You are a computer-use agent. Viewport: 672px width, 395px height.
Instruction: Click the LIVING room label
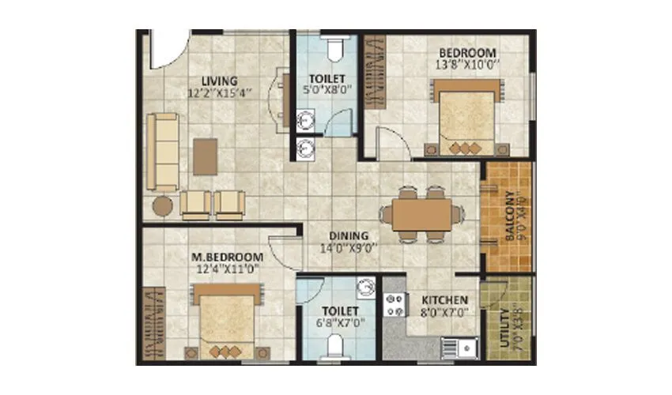point(219,81)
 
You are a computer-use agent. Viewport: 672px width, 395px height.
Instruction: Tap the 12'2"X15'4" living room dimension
point(218,92)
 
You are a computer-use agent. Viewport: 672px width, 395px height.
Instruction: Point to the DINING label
point(349,235)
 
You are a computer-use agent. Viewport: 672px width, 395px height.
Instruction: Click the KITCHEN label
point(444,300)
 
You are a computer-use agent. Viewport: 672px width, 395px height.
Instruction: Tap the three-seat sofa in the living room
point(164,150)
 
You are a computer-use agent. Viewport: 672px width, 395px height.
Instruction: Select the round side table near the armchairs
point(162,206)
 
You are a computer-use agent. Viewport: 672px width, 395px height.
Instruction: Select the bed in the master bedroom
point(226,323)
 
